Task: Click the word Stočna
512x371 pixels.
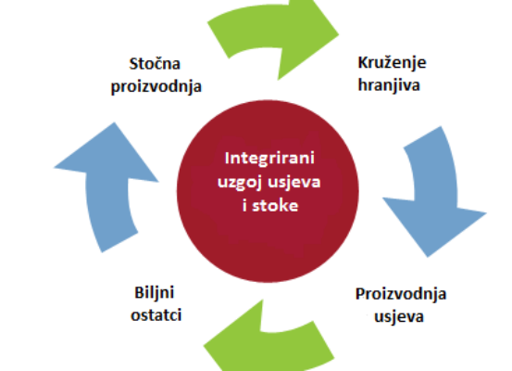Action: point(155,63)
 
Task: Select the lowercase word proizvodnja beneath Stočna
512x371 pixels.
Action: point(156,87)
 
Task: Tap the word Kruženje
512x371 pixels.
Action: point(393,63)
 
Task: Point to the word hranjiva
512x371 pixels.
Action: point(389,85)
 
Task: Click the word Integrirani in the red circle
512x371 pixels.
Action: point(269,159)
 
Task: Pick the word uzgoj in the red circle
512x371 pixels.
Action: point(241,182)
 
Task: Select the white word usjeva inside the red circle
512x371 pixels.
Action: point(294,182)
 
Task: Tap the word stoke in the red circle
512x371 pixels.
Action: point(275,206)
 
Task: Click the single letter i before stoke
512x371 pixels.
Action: point(245,206)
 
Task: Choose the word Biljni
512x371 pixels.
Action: point(154,293)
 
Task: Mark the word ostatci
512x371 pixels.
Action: point(156,315)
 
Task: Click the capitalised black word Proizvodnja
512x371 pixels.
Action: point(401,294)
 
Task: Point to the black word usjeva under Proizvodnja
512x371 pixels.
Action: point(399,316)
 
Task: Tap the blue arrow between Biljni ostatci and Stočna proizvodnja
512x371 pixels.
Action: point(107,184)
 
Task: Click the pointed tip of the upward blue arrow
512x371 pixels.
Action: point(114,122)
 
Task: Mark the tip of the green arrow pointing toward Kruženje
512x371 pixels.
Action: point(339,33)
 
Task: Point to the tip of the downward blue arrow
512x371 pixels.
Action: point(428,257)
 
